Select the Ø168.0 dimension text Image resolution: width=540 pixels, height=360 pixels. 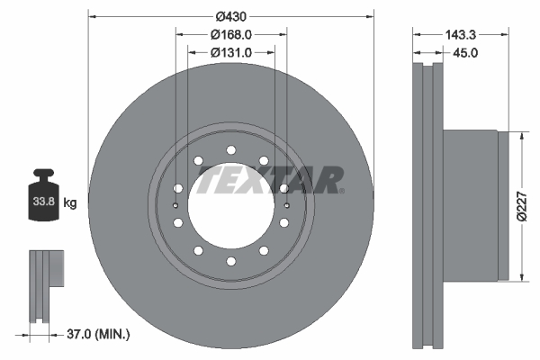[x=231, y=34]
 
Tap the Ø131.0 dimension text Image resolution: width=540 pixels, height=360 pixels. [x=231, y=52]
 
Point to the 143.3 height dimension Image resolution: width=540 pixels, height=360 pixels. [x=462, y=34]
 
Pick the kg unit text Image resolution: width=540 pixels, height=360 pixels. [x=69, y=203]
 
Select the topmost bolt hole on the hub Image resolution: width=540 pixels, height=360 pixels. [x=230, y=149]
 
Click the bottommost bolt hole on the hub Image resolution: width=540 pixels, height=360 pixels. [x=230, y=261]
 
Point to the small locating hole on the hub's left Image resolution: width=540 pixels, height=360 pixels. [x=175, y=205]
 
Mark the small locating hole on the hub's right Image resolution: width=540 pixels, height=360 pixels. [x=285, y=205]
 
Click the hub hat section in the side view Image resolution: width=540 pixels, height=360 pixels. [x=472, y=205]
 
